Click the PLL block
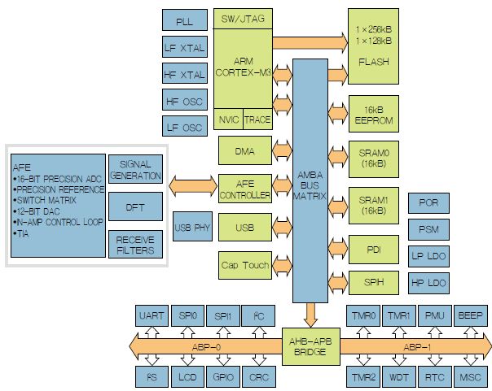[184, 20]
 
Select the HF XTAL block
[184, 73]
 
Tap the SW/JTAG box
[243, 19]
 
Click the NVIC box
[228, 119]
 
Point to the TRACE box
[257, 119]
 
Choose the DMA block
[245, 150]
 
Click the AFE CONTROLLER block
[245, 189]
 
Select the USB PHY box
[192, 227]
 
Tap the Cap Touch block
[245, 265]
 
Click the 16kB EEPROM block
[374, 114]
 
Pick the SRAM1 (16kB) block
[374, 206]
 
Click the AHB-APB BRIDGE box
[311, 346]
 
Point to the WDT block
[399, 376]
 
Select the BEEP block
[470, 315]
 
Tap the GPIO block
[223, 376]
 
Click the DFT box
[135, 206]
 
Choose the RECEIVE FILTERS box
[135, 245]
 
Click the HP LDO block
[428, 283]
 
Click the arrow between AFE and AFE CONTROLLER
[193, 185]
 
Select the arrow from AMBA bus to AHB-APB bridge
[311, 315]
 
